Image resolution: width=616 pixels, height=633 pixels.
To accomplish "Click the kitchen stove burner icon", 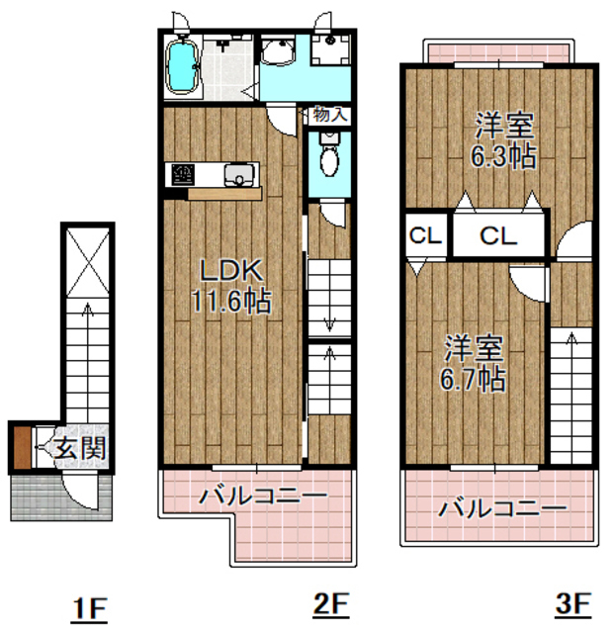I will click(183, 175).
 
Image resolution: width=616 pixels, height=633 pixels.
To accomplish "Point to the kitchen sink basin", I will click(238, 175).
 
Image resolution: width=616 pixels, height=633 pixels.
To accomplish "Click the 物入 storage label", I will click(330, 115).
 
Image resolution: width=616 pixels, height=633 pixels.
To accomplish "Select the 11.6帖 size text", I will click(232, 300).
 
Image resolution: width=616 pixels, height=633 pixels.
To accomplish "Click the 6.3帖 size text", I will click(504, 155).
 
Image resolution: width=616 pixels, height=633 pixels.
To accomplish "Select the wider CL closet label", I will click(498, 236).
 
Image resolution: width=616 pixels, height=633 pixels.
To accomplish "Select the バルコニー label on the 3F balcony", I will click(502, 509).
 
